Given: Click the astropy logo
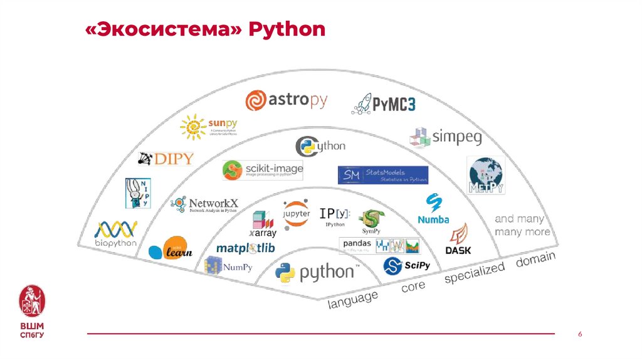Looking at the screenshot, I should [x=286, y=100].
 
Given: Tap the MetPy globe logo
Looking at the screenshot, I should [x=487, y=174].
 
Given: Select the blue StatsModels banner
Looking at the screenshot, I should [x=382, y=175].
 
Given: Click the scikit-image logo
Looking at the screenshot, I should [x=263, y=170].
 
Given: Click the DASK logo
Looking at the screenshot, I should [x=458, y=240].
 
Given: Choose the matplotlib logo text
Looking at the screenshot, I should [x=245, y=248].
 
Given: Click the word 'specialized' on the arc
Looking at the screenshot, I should [x=475, y=272].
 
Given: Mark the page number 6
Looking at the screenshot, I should [x=580, y=334].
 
